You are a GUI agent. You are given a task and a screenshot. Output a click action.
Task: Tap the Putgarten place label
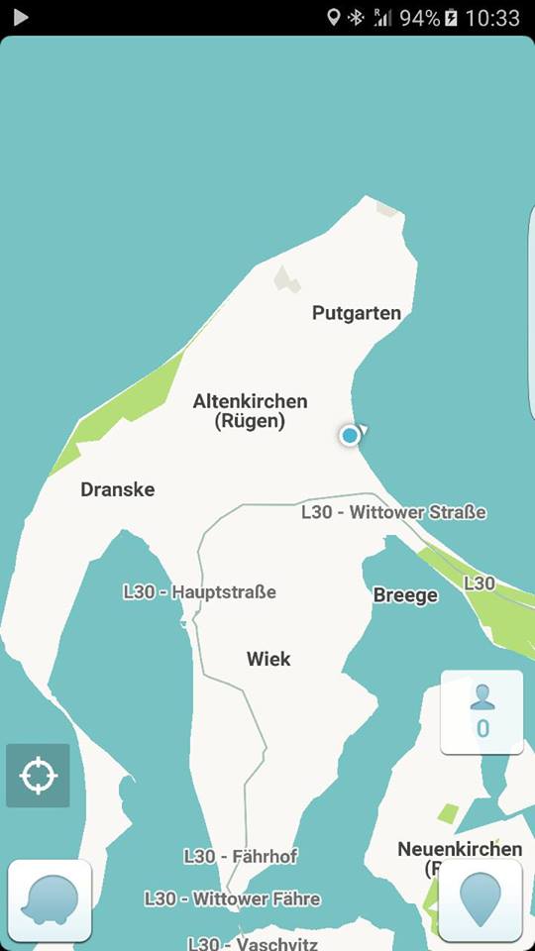pyautogui.click(x=357, y=313)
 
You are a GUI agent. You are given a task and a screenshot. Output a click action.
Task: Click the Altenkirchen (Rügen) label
pyautogui.click(x=250, y=410)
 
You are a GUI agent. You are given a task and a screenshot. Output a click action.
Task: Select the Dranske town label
pyautogui.click(x=117, y=489)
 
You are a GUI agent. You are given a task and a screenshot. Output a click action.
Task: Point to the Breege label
pyautogui.click(x=405, y=595)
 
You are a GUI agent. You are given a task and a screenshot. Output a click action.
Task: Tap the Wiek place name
pyautogui.click(x=268, y=659)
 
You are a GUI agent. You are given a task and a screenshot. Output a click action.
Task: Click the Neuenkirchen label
pyautogui.click(x=460, y=849)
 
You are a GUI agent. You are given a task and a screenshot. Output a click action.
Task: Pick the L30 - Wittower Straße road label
pyautogui.click(x=393, y=512)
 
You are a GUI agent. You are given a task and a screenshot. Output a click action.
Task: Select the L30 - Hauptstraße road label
pyautogui.click(x=199, y=591)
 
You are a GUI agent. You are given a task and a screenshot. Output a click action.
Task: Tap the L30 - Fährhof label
pyautogui.click(x=240, y=856)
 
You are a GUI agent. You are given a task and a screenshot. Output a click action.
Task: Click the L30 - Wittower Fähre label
pyautogui.click(x=232, y=898)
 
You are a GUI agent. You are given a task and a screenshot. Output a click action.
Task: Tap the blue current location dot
pyautogui.click(x=350, y=435)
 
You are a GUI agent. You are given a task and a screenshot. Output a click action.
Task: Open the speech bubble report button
pyautogui.click(x=50, y=899)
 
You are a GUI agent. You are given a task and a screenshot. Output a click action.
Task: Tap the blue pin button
pyautogui.click(x=481, y=899)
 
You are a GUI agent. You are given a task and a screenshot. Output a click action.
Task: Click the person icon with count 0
pyautogui.click(x=481, y=711)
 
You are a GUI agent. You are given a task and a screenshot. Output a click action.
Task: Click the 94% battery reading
pyautogui.click(x=419, y=18)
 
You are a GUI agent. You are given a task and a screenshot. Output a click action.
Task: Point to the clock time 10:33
pyautogui.click(x=491, y=18)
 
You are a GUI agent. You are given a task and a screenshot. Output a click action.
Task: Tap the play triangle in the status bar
pyautogui.click(x=20, y=17)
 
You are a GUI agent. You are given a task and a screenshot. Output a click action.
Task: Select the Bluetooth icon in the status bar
pyautogui.click(x=356, y=18)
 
